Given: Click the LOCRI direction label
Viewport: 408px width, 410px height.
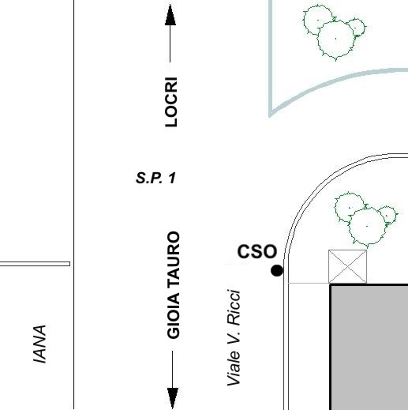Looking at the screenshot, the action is click(x=171, y=102).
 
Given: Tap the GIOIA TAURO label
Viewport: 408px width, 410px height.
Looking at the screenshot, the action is click(x=174, y=285).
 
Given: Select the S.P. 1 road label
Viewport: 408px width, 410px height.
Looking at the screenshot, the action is click(x=155, y=178).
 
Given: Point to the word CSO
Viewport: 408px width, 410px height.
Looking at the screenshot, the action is click(x=257, y=251).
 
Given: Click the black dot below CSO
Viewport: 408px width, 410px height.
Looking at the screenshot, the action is click(x=277, y=271).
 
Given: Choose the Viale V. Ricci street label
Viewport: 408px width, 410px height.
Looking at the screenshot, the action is click(x=234, y=337).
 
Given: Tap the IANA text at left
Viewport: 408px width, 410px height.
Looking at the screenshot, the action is click(x=39, y=344).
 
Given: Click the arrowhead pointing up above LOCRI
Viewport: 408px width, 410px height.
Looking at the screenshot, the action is click(x=170, y=15).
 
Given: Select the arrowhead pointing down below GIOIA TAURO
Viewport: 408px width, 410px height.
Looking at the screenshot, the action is click(x=173, y=398).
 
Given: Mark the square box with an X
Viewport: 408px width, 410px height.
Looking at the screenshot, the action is click(x=347, y=266).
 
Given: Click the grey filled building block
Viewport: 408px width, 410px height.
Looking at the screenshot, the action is click(x=369, y=347).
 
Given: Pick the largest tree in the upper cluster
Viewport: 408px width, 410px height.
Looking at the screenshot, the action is click(x=335, y=39).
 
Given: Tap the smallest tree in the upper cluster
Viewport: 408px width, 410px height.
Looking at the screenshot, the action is click(x=356, y=27).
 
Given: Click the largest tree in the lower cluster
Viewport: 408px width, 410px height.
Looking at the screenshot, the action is click(x=367, y=227).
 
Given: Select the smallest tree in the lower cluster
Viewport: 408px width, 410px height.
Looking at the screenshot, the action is click(x=387, y=216).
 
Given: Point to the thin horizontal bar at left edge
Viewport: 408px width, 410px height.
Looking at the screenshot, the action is click(x=35, y=264).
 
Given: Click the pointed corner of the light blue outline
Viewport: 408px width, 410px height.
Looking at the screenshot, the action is click(x=270, y=115).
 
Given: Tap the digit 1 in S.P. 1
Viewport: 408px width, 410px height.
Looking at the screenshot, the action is click(x=172, y=178).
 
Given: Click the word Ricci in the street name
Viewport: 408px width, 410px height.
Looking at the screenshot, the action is click(x=234, y=307).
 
